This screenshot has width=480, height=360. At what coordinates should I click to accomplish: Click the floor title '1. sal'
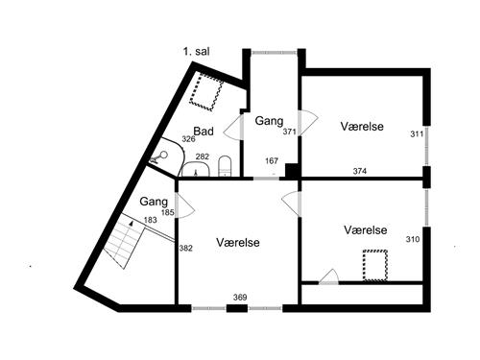click(197, 51)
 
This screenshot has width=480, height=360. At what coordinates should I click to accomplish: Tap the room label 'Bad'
click(204, 132)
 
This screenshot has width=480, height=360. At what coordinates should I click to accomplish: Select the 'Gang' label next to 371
click(269, 121)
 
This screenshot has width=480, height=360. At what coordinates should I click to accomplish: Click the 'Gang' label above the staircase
click(154, 203)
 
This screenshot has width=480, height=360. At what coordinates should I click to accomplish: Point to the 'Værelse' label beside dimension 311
click(361, 127)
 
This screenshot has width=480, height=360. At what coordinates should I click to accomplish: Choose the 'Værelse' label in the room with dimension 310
click(365, 230)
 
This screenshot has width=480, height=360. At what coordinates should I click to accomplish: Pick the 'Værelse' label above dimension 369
click(238, 242)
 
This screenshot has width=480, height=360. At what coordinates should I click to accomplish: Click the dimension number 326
click(188, 140)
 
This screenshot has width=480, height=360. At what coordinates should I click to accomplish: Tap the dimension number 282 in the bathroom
click(203, 156)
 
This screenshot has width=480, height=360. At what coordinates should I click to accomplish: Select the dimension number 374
click(360, 172)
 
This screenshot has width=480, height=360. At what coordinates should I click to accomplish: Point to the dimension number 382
click(185, 249)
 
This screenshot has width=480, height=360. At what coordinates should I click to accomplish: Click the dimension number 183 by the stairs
click(151, 220)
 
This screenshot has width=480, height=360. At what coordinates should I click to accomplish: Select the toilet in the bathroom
click(225, 167)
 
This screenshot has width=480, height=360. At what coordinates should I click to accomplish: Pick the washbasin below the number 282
click(198, 172)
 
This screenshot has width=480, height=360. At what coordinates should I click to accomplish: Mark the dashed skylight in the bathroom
click(204, 93)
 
